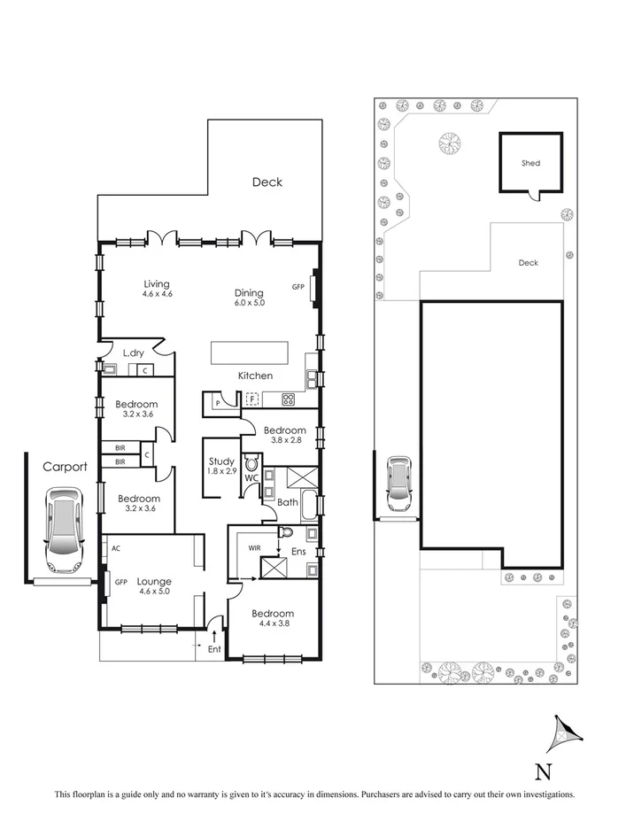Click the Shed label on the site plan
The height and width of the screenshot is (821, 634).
(x=530, y=164)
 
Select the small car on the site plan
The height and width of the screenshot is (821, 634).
(x=399, y=485)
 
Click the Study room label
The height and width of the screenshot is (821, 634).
(x=221, y=461)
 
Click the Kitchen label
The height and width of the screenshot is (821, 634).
(x=254, y=376)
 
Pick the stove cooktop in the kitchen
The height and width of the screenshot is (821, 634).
(x=289, y=399)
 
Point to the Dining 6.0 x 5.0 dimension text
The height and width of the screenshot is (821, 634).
(x=249, y=303)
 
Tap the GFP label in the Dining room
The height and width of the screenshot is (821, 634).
(x=298, y=287)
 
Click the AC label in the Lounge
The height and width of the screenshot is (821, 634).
(x=115, y=548)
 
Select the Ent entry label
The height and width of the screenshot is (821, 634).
(x=213, y=649)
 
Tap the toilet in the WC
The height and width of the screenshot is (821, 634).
(x=251, y=462)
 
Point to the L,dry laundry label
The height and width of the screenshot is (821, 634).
(x=133, y=353)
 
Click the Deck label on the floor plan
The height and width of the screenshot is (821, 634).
(x=267, y=182)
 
